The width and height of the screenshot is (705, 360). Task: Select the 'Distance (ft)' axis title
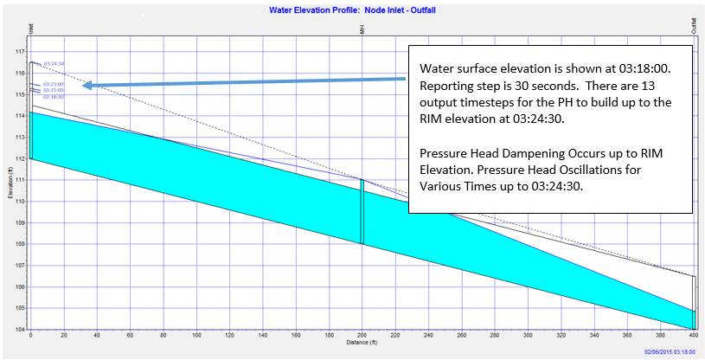coord(362,344)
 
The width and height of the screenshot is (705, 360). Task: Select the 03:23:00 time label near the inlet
coord(53,84)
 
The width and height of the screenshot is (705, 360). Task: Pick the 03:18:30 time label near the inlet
coord(53,97)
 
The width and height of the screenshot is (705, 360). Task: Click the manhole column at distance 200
coord(362,211)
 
